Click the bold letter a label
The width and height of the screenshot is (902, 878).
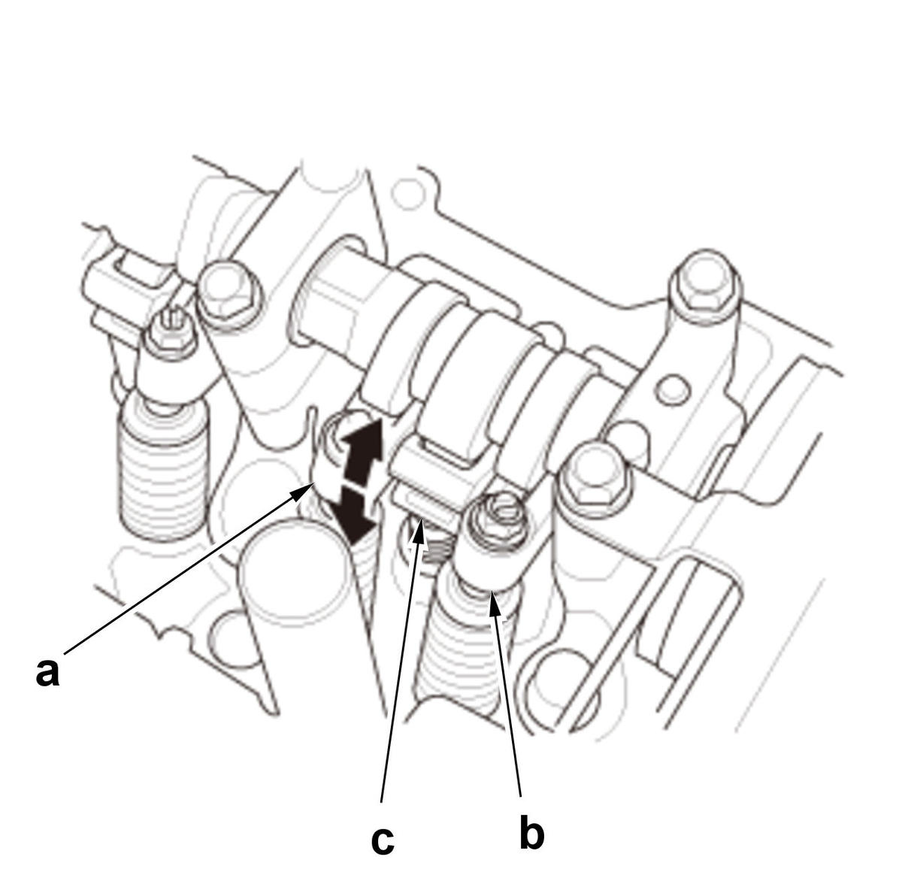click(x=47, y=671)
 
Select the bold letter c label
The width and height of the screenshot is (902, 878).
click(x=383, y=840)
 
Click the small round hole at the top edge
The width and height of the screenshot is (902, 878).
click(x=409, y=194)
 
